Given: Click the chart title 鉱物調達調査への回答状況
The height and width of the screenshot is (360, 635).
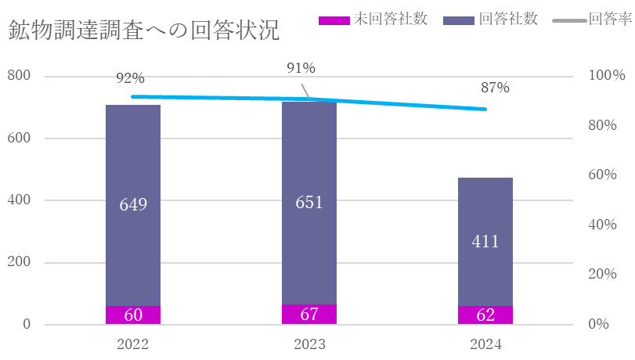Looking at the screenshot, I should click(x=143, y=31).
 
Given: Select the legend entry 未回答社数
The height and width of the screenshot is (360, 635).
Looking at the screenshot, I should click(x=373, y=19).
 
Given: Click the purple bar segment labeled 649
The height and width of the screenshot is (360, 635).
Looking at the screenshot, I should click(x=133, y=205).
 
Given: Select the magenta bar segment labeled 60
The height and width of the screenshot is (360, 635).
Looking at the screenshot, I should click(x=133, y=315).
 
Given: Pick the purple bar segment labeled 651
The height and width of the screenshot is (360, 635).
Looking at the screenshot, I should click(x=309, y=203).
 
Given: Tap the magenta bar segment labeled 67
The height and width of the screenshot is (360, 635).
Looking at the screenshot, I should click(x=309, y=315).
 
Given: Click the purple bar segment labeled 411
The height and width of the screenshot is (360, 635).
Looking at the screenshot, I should click(x=485, y=241).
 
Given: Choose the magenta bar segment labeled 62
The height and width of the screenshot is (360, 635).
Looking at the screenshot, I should click(x=485, y=315).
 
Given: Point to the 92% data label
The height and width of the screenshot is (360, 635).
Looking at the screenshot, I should click(x=130, y=78).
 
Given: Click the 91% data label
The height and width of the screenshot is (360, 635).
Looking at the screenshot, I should click(x=301, y=69).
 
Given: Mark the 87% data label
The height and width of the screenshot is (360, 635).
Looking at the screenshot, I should click(x=495, y=88).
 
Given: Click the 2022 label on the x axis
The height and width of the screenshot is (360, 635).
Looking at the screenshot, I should click(x=133, y=344).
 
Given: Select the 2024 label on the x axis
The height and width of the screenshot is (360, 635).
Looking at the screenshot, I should click(x=485, y=344).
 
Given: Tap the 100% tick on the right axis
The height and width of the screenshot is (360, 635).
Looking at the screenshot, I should click(x=607, y=76).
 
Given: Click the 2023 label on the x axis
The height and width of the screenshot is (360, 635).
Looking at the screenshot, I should click(x=309, y=344).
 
